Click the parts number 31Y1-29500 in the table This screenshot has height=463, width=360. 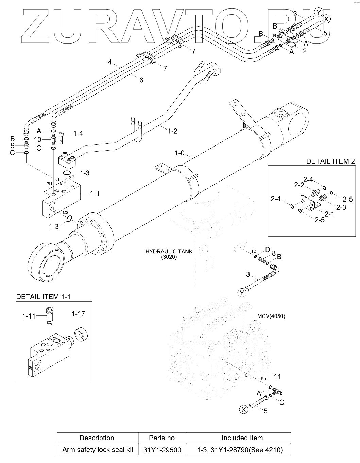[x=162, y=450]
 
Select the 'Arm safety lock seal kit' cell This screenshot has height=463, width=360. [x=98, y=450]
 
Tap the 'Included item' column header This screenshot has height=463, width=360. [x=242, y=438]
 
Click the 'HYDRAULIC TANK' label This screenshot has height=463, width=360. [x=169, y=252]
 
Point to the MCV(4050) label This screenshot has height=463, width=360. [x=271, y=316]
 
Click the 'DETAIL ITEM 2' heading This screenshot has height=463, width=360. [x=330, y=161]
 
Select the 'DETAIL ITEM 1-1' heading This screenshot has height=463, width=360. [x=43, y=296]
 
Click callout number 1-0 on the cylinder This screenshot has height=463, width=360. [x=179, y=153]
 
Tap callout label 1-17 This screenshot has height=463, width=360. [x=78, y=314]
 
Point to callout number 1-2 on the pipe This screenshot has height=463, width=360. [x=172, y=131]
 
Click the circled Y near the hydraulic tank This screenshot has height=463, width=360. [x=242, y=293]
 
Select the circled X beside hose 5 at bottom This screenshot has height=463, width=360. [x=244, y=409]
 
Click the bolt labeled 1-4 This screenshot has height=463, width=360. [x=61, y=137]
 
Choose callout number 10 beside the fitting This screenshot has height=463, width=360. [x=38, y=140]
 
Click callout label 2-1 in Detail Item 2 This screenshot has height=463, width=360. [x=329, y=214]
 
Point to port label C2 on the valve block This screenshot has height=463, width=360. [x=65, y=213]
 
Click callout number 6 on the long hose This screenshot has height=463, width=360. [x=141, y=80]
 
